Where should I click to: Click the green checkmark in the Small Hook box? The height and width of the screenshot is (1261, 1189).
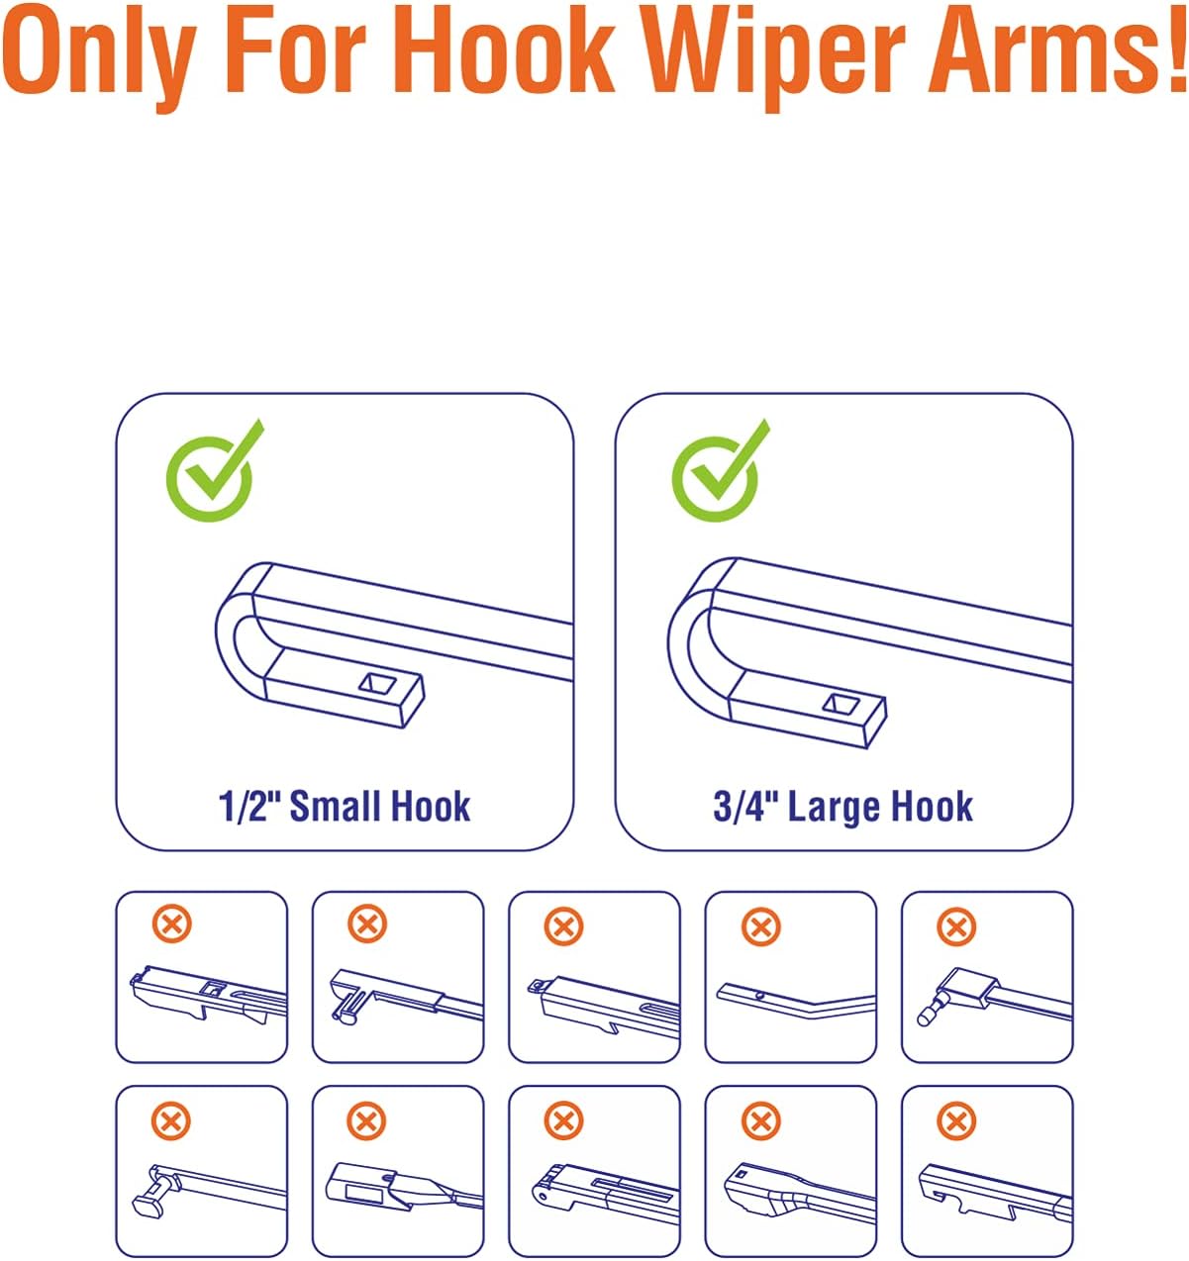215,470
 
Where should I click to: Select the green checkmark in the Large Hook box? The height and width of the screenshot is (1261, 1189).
721,470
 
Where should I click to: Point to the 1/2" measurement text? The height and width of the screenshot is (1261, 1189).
251,807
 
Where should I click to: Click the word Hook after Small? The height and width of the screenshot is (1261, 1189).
430,807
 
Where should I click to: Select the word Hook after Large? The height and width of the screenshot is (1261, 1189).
932,807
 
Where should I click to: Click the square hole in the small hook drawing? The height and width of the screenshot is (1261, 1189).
377,683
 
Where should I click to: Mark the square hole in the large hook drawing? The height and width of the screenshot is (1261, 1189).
841,703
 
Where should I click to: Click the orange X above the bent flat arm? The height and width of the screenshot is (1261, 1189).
760,926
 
